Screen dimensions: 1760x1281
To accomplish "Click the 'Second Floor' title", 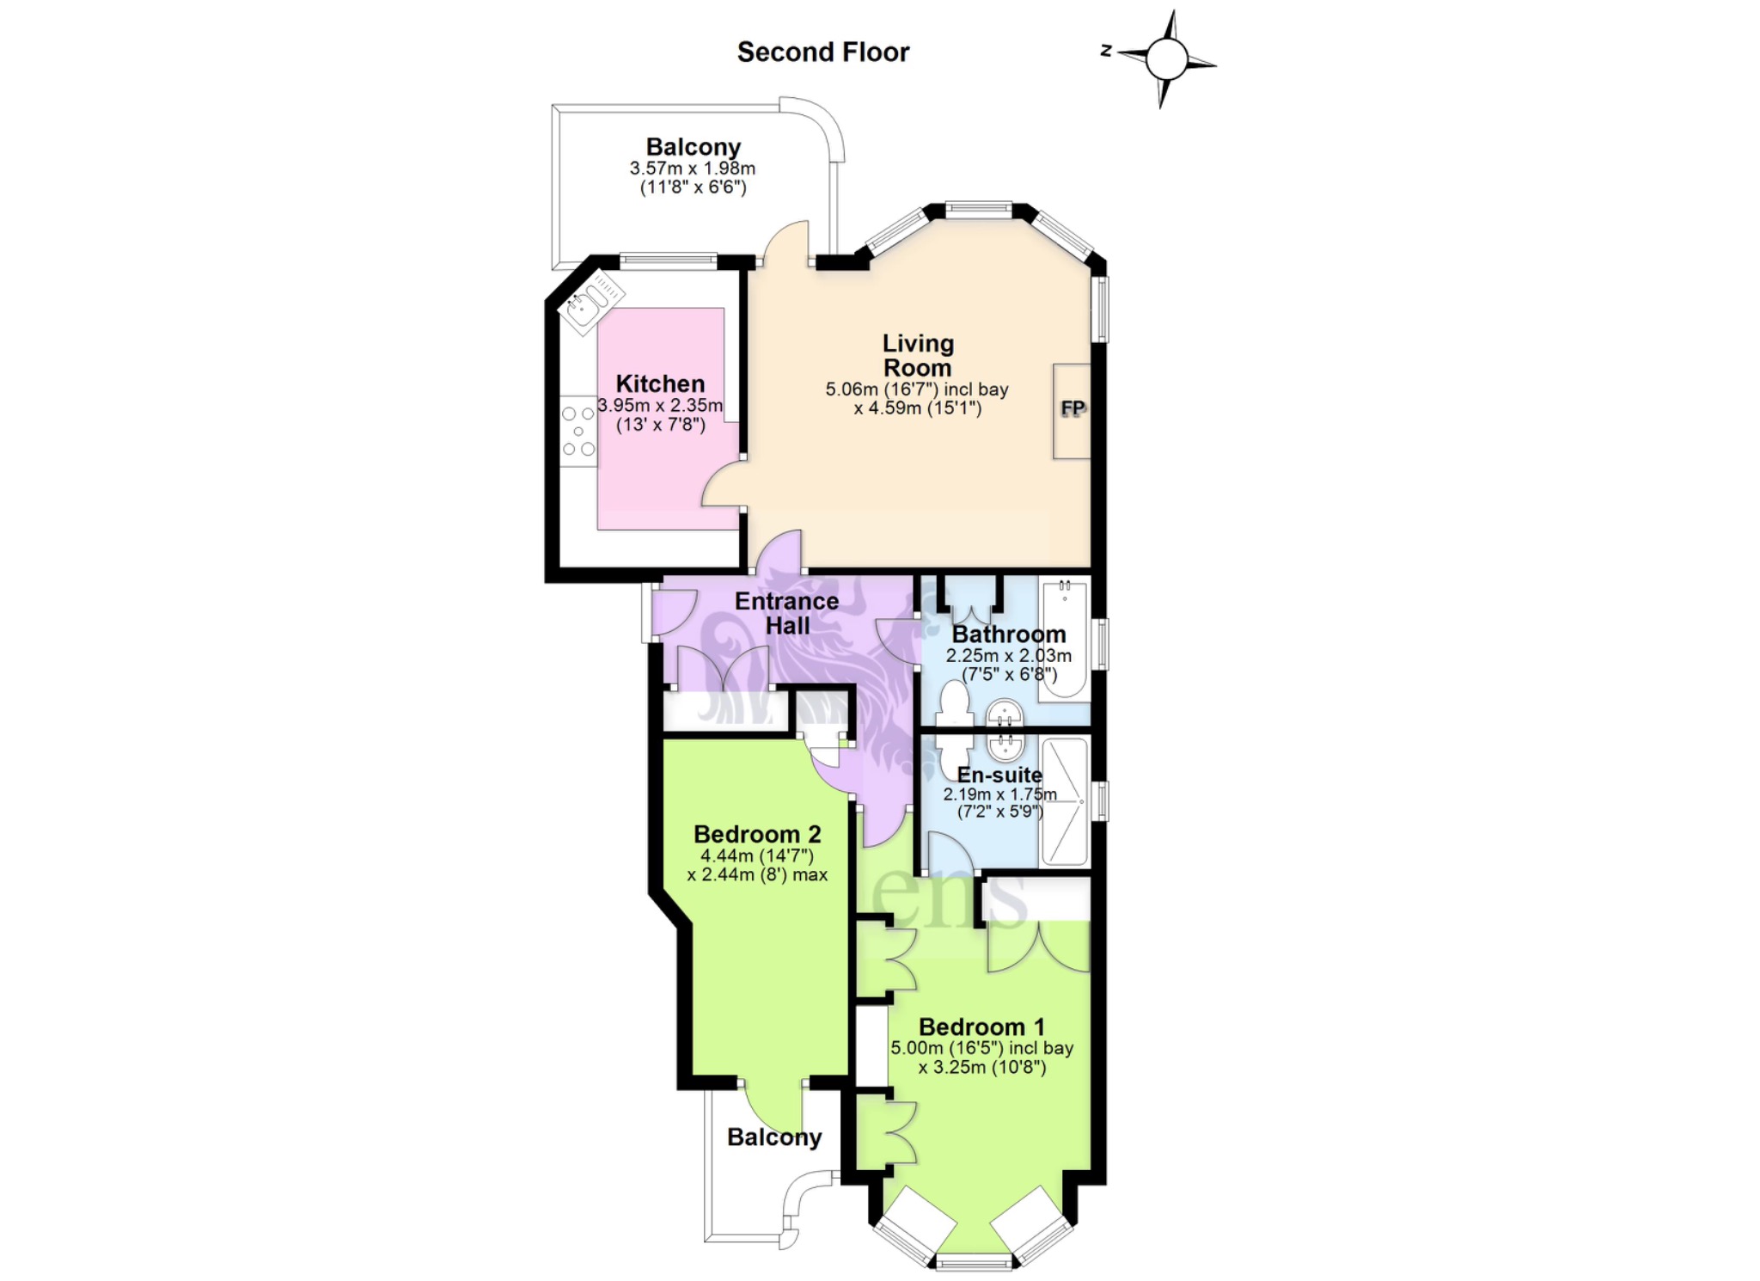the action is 822,52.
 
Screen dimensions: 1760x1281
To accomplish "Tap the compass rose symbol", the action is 1164,59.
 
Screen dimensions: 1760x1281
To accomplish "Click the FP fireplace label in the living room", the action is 1072,408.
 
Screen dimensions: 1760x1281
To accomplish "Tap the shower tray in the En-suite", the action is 1065,800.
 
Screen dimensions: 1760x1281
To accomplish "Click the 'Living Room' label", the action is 918,355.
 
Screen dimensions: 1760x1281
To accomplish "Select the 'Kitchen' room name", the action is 660,383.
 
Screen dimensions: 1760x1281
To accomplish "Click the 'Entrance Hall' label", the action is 787,613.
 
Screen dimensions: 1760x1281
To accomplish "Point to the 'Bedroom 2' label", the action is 757,834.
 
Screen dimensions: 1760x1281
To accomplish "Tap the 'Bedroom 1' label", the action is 981,1027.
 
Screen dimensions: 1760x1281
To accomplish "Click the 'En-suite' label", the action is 999,775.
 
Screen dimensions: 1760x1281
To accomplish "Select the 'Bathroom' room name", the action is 1009,634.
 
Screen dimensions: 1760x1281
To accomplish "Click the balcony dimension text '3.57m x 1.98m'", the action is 693,169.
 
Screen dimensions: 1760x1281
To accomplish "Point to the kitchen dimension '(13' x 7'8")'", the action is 661,424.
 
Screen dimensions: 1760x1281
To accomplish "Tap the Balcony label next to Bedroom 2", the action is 774,1137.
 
